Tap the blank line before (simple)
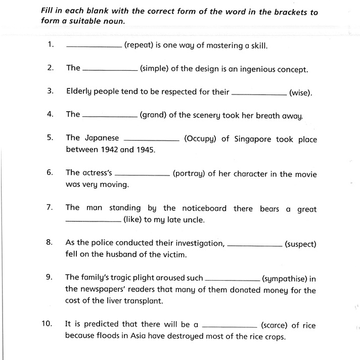tap(110, 70)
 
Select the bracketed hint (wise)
tap(301, 93)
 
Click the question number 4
tap(50, 114)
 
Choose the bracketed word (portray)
tap(188, 173)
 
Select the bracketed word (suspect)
tap(300, 244)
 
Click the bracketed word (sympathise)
tap(285, 278)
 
